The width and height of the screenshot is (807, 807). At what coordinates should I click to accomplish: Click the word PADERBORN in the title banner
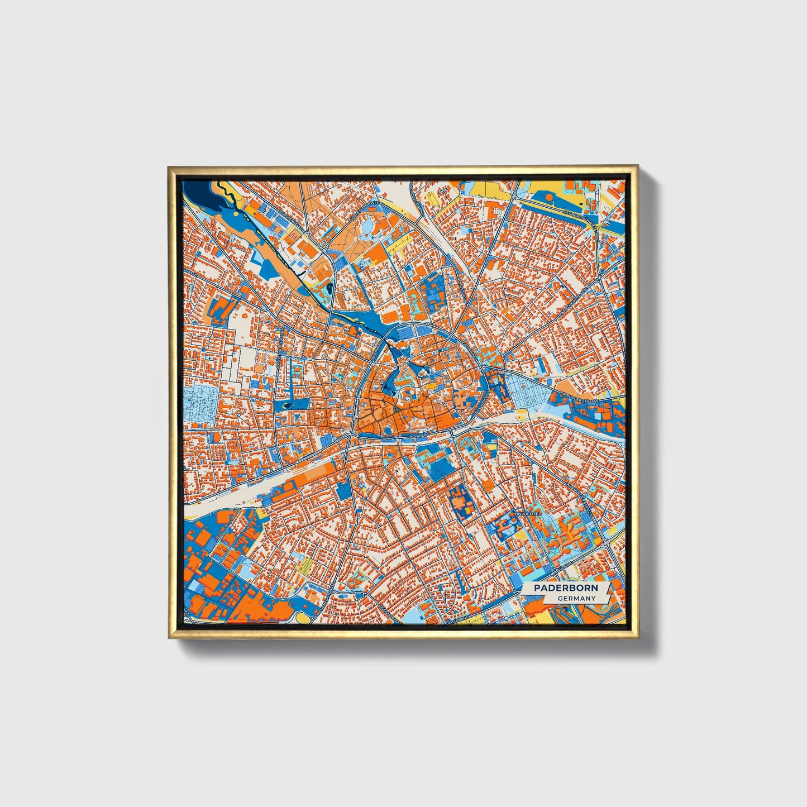point(565,588)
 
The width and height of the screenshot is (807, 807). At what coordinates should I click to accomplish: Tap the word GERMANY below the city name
point(576,598)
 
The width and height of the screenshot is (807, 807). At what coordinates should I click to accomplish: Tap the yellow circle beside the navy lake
point(235,213)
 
